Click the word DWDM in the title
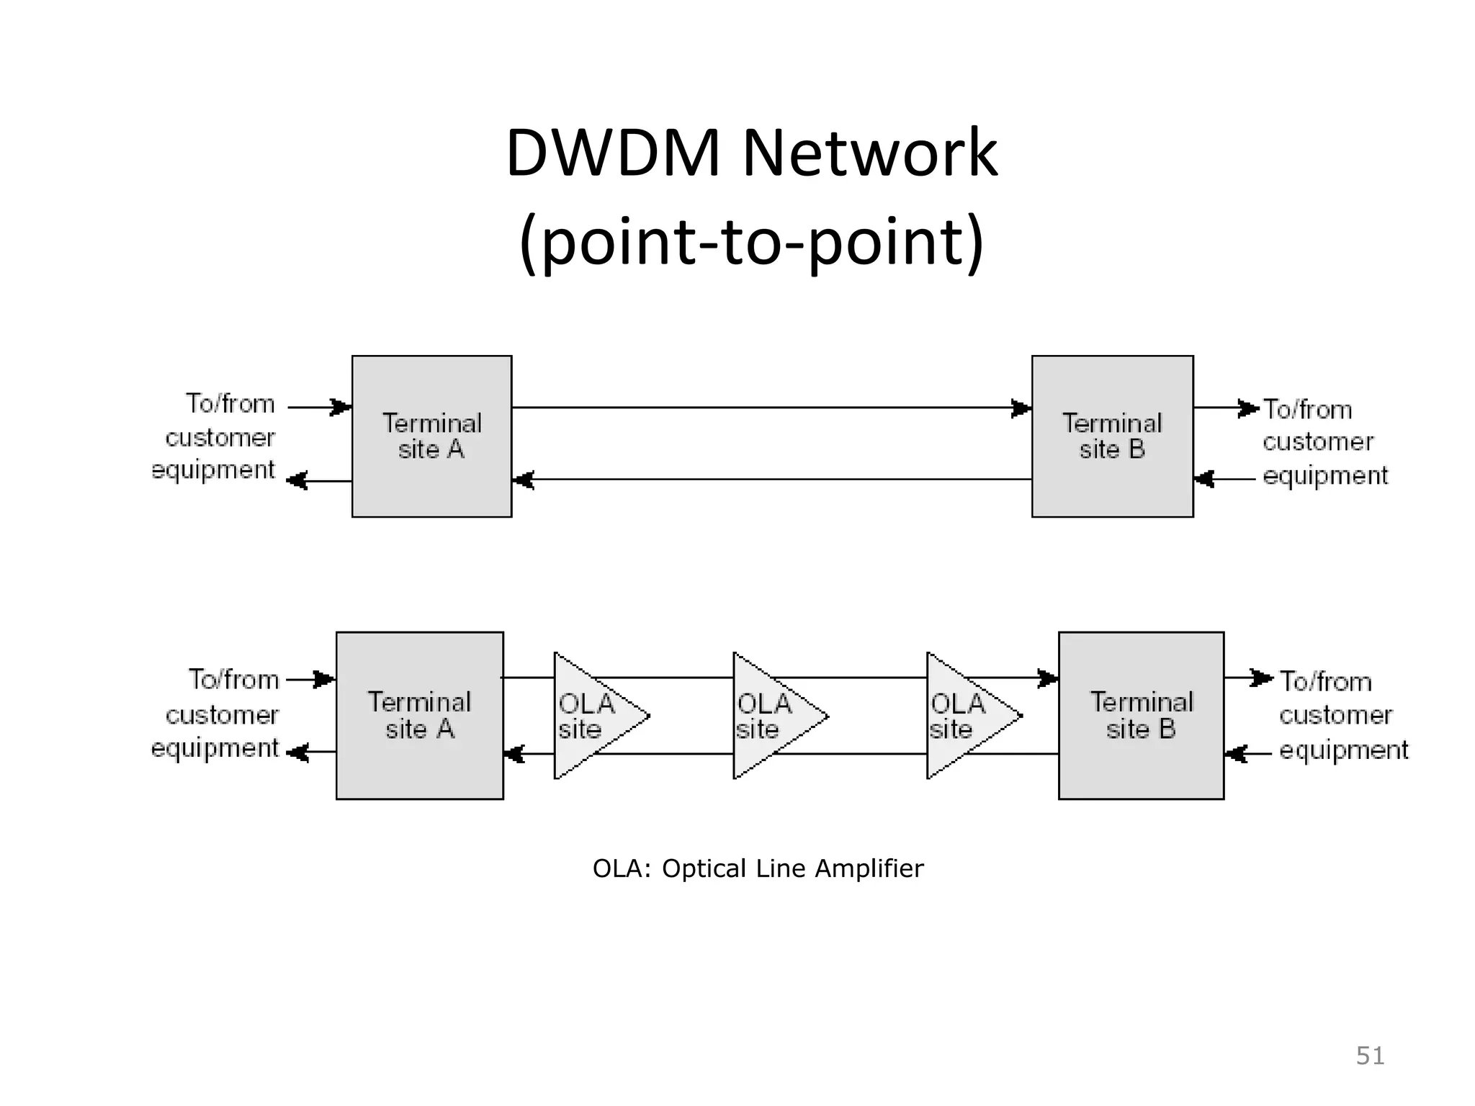point(613,153)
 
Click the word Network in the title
point(869,153)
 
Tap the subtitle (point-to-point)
point(751,240)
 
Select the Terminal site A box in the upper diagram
point(431,436)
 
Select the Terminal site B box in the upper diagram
point(1112,436)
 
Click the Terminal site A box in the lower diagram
point(420,716)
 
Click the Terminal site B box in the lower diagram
point(1141,716)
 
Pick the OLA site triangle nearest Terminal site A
point(591,716)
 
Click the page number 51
point(1370,1056)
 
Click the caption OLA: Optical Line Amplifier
point(758,869)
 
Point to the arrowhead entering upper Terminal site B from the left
point(1021,408)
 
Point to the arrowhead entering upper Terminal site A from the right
point(524,480)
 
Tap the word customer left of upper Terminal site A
point(220,438)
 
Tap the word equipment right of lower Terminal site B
point(1343,750)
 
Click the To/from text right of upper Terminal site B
point(1308,410)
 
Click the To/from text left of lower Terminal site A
point(234,680)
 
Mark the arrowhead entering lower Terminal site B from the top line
point(1048,678)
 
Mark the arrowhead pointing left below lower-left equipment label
point(298,754)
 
